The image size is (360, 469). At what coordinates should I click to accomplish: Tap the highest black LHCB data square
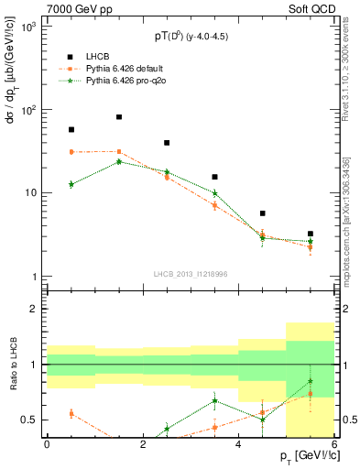[x=119, y=117]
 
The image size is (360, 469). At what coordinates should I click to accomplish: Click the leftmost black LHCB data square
[x=71, y=130]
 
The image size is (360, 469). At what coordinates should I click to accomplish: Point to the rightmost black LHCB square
[x=311, y=234]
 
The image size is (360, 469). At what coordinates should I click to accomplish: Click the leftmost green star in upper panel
[x=71, y=184]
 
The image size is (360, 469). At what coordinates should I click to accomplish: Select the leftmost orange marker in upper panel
[x=71, y=152]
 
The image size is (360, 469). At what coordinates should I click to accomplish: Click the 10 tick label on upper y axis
[x=31, y=193]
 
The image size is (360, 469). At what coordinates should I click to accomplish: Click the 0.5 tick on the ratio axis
[x=29, y=420]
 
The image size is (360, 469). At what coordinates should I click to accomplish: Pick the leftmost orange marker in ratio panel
[x=71, y=414]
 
